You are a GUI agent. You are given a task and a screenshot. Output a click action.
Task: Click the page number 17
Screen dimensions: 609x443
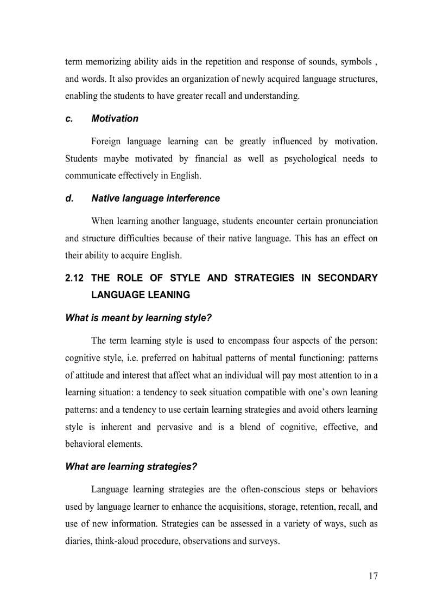click(372, 575)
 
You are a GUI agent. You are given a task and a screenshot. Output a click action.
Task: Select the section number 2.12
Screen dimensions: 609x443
click(74, 278)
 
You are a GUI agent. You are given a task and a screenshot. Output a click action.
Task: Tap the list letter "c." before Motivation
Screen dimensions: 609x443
click(69, 118)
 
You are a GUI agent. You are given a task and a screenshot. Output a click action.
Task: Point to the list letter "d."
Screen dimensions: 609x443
click(69, 198)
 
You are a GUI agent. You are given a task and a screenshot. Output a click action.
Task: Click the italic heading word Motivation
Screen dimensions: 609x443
click(115, 118)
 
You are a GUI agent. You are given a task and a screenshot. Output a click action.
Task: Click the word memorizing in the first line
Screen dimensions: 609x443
click(108, 61)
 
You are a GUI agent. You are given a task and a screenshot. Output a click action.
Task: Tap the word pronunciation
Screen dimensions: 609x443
click(349, 221)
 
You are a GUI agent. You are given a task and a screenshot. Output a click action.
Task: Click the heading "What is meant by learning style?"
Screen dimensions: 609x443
click(138, 318)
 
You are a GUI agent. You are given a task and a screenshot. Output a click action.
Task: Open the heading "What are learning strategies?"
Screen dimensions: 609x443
click(131, 466)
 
